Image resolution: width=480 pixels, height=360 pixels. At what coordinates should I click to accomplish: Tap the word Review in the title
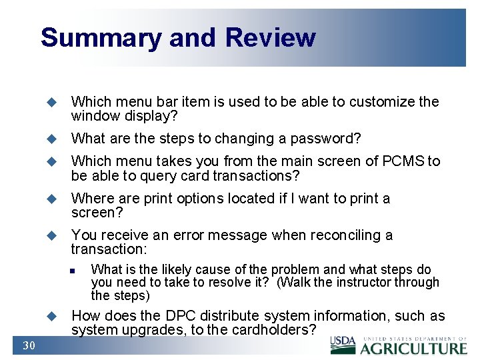[270, 38]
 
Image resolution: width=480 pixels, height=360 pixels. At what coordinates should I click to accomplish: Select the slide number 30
[29, 345]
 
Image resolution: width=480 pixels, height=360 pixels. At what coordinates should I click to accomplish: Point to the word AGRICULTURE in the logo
[414, 348]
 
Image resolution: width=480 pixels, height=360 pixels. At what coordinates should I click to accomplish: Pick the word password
[324, 139]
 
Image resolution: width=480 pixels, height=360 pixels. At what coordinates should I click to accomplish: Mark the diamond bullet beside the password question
[50, 139]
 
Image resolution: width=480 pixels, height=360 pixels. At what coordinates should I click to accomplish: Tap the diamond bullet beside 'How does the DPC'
[50, 316]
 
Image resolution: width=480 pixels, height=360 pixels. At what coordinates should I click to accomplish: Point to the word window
[93, 116]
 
